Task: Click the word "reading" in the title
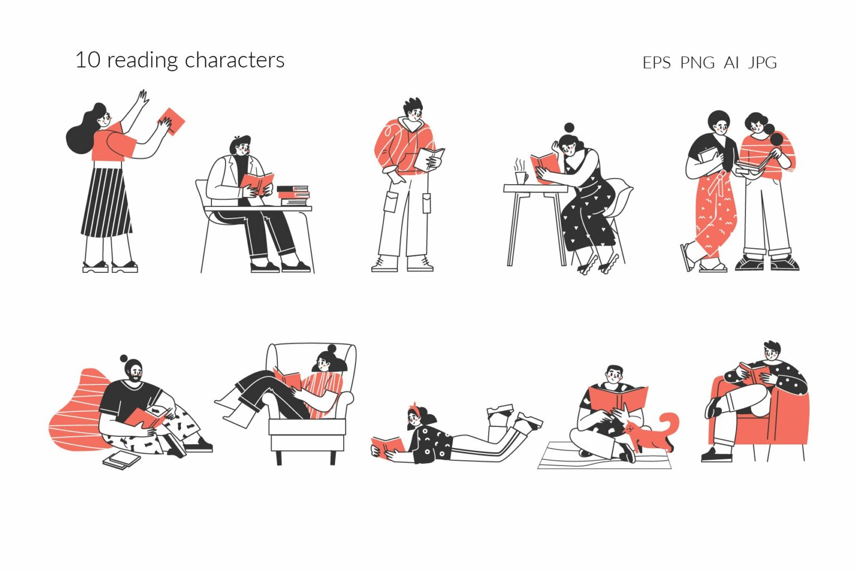[143, 60]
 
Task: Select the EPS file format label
[656, 63]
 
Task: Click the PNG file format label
[697, 63]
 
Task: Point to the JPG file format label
[762, 63]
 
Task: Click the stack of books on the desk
[293, 195]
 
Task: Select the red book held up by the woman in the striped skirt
[172, 121]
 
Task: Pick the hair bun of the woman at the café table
[569, 128]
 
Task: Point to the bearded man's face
[134, 372]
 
